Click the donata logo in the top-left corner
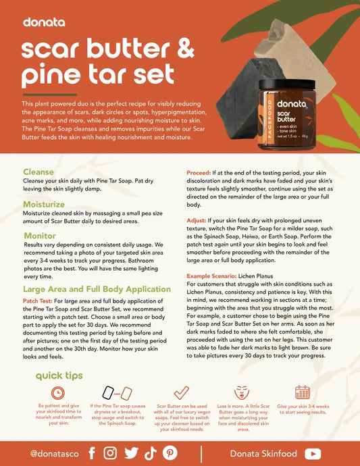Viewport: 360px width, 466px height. click(x=44, y=22)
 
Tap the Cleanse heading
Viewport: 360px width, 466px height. click(x=39, y=172)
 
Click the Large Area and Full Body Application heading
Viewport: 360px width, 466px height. click(x=97, y=289)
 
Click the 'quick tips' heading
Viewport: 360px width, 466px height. click(x=60, y=375)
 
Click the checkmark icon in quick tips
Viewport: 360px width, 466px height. click(x=181, y=392)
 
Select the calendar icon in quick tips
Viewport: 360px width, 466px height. click(x=302, y=392)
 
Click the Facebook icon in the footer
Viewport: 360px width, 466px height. click(x=91, y=453)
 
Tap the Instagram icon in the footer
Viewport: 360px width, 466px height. click(x=110, y=453)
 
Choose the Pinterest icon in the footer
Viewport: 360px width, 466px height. click(x=170, y=453)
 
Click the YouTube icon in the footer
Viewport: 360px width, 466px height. click(x=313, y=453)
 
